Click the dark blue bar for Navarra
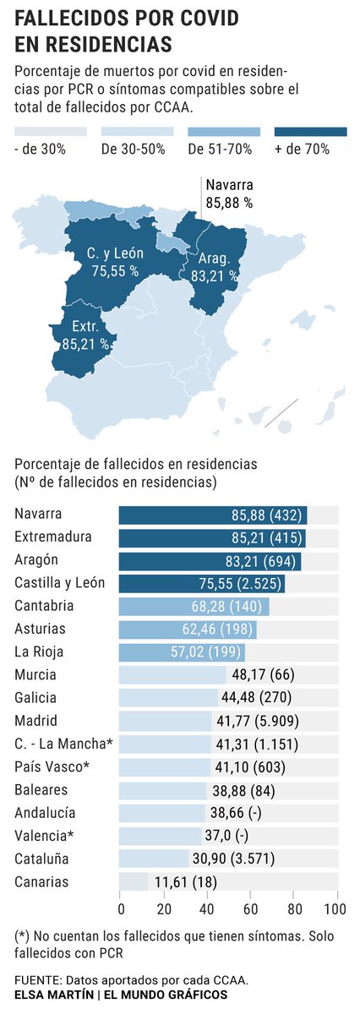click(212, 515)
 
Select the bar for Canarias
click(133, 882)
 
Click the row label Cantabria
click(45, 606)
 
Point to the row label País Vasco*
click(51, 767)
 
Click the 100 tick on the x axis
click(335, 909)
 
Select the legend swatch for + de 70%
click(311, 131)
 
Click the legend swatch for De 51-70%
click(224, 131)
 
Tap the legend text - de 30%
click(40, 150)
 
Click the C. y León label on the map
click(116, 253)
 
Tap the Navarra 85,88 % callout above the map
click(229, 194)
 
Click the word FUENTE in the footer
click(40, 980)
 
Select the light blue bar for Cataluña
click(153, 859)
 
